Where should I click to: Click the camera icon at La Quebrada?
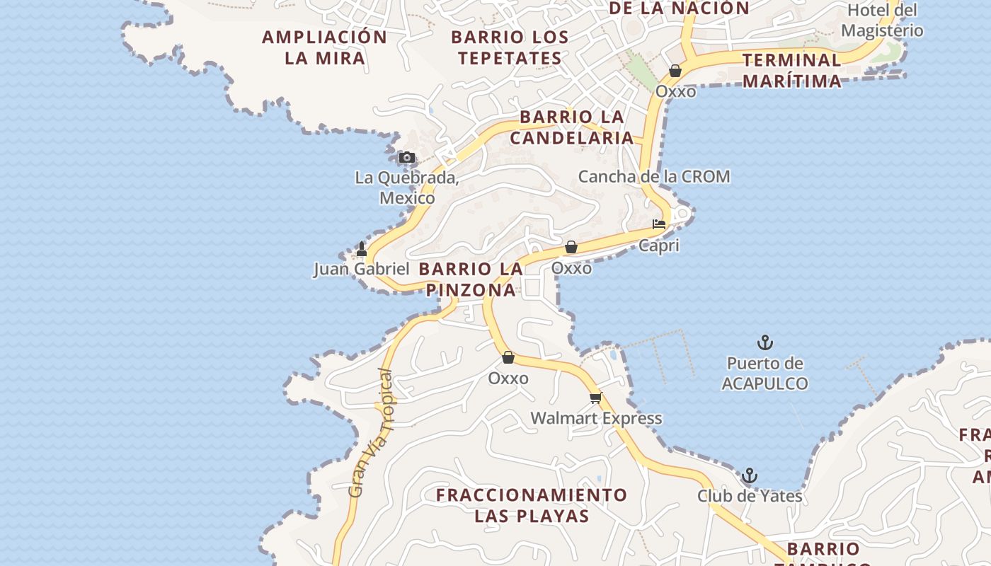[x=406, y=158]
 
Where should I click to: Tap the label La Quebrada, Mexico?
[x=407, y=187]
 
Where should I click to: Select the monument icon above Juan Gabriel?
[x=362, y=249]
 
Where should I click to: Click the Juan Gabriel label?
[x=361, y=269]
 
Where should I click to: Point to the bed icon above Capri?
[x=659, y=224]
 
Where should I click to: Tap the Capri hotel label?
[x=659, y=246]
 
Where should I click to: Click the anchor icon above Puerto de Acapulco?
[x=764, y=343]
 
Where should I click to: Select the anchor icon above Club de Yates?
[x=749, y=475]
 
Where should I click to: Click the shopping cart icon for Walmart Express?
[x=595, y=398]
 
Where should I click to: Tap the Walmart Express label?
[x=596, y=418]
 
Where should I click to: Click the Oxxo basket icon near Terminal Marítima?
[x=675, y=71]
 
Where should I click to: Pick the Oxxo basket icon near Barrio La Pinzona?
[x=571, y=247]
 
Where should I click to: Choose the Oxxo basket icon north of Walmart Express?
[x=508, y=357]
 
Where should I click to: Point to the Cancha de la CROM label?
[x=654, y=176]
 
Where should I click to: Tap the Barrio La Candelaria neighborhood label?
[x=572, y=127]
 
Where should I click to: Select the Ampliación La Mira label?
[x=325, y=47]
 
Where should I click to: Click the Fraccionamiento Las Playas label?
[x=532, y=505]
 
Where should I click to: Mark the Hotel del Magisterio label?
[x=882, y=21]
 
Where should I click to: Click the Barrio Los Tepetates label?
[x=510, y=47]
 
